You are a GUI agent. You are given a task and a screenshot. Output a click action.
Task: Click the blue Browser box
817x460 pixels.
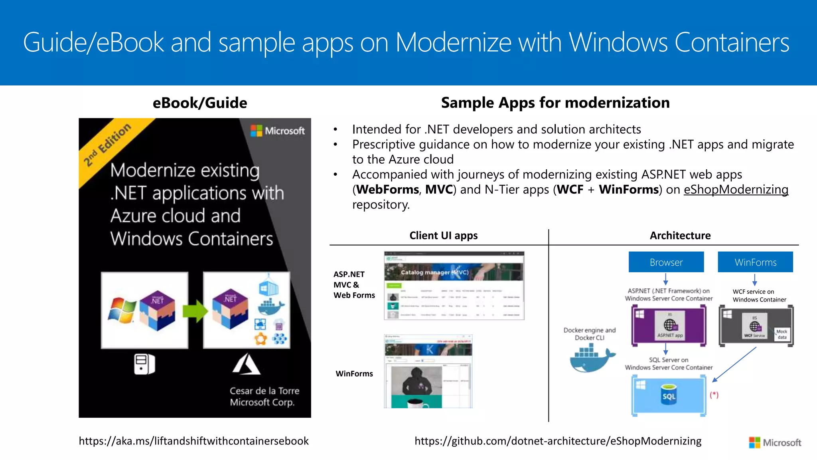(666, 262)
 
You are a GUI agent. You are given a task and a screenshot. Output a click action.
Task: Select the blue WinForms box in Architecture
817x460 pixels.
(755, 262)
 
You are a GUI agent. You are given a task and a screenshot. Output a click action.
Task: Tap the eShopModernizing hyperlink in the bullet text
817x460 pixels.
(736, 189)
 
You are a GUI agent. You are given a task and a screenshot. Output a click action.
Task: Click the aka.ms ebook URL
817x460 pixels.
(193, 441)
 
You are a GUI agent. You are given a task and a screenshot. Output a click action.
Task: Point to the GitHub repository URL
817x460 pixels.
(558, 441)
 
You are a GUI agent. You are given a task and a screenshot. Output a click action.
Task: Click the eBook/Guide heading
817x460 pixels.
(200, 103)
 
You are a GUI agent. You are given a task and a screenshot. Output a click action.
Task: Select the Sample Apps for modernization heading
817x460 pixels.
(555, 103)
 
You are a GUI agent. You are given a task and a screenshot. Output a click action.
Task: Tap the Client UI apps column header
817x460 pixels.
(443, 236)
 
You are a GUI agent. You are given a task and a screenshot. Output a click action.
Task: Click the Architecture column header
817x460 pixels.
(680, 236)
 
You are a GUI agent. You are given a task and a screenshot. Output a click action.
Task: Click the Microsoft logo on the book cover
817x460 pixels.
(278, 131)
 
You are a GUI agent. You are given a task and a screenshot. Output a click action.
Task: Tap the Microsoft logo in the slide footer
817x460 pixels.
(775, 442)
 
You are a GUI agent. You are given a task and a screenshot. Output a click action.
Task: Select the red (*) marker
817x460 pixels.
(714, 395)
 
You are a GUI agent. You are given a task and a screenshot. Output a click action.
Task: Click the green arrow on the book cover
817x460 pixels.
(195, 311)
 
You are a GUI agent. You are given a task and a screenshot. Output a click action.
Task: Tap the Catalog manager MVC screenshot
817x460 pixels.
(454, 286)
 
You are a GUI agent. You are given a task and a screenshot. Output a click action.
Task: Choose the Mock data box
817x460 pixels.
(781, 334)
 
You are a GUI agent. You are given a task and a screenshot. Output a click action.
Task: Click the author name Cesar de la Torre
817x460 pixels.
(264, 391)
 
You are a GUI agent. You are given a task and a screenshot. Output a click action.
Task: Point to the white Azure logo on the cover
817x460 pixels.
(247, 364)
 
